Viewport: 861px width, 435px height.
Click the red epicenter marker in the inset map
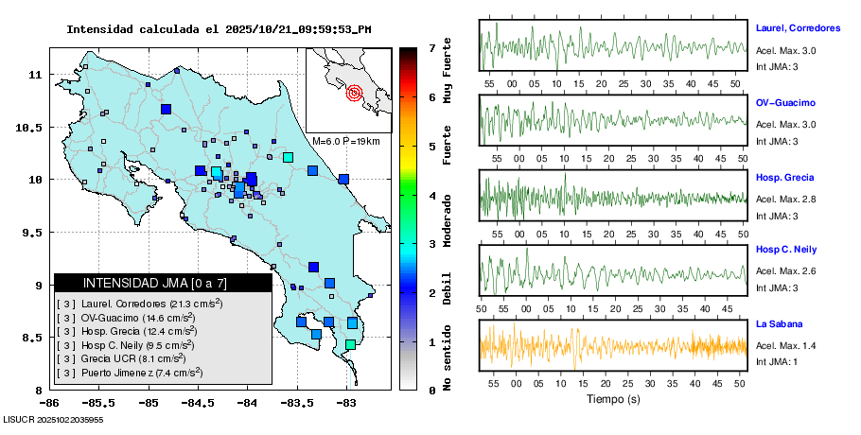click(x=355, y=93)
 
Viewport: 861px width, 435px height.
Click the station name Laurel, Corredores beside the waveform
click(x=799, y=27)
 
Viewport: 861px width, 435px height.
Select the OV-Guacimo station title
click(x=785, y=102)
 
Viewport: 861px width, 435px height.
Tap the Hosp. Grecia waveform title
click(x=785, y=178)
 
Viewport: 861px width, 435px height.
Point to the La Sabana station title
click(x=781, y=324)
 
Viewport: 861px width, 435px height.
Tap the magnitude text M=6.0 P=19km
click(x=345, y=141)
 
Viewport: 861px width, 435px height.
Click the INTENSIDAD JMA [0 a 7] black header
click(x=163, y=283)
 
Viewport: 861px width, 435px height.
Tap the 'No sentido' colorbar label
click(x=447, y=359)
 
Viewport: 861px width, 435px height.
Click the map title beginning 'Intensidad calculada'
click(x=219, y=28)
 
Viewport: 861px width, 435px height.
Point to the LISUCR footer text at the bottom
click(x=53, y=418)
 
